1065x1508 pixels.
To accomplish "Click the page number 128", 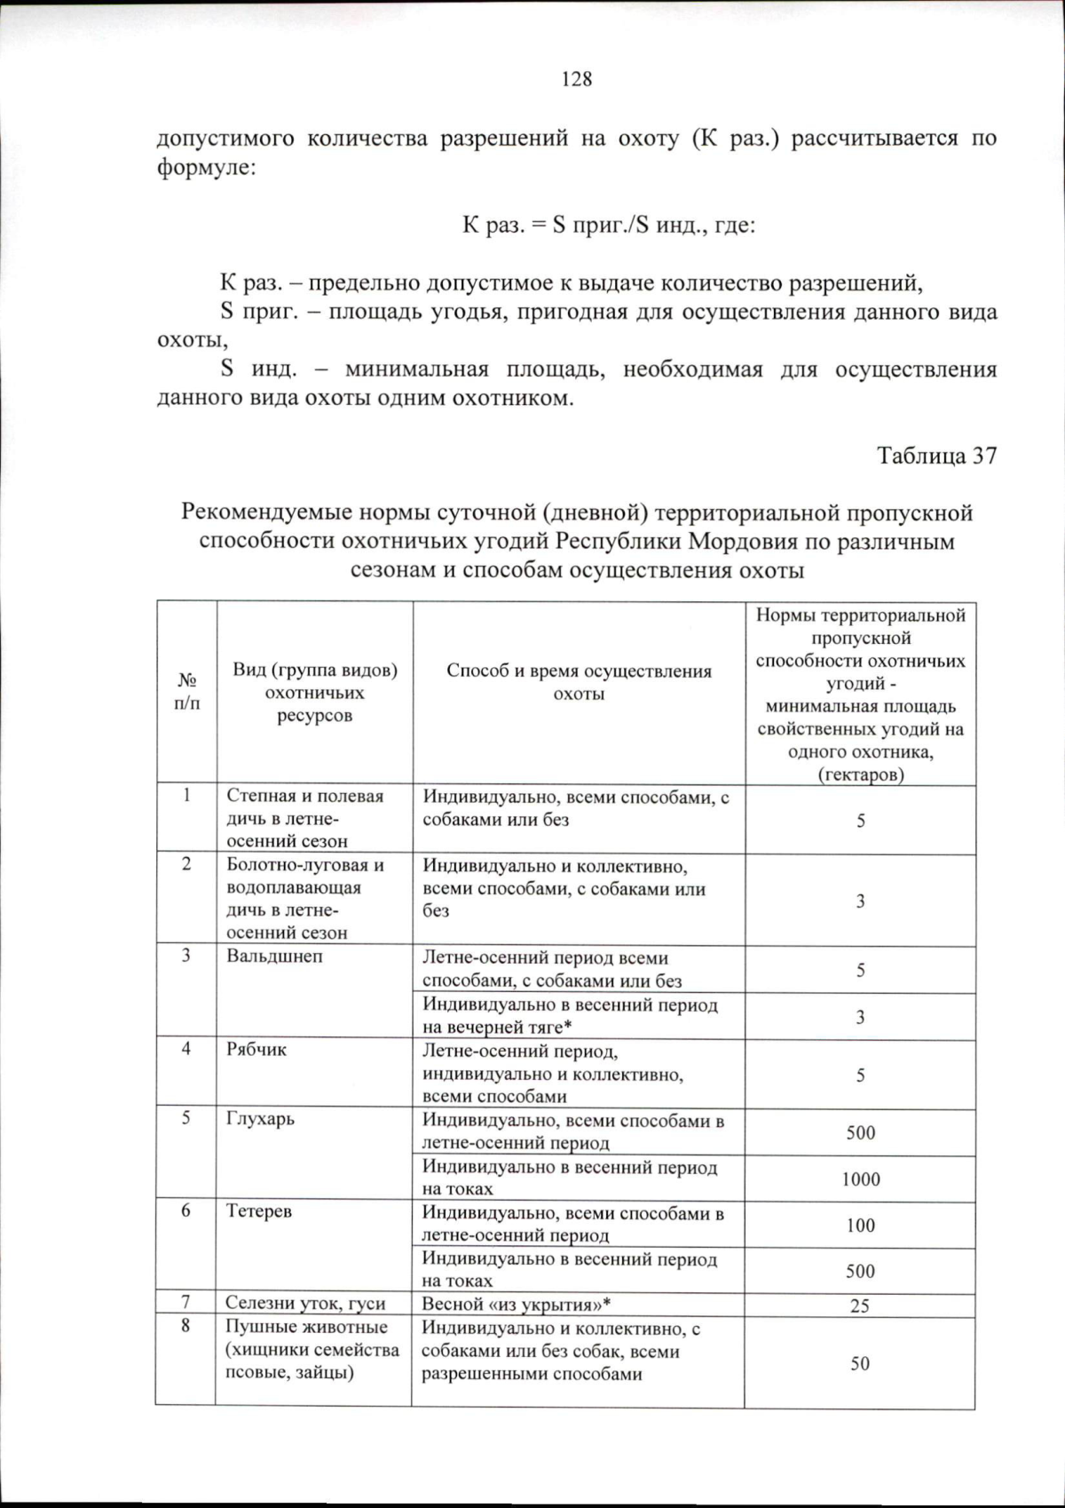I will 577,79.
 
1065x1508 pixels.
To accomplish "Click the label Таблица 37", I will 936,456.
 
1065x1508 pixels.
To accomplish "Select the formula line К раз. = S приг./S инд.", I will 609,225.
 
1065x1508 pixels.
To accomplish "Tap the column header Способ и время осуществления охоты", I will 579,682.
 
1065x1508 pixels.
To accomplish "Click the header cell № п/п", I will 187,692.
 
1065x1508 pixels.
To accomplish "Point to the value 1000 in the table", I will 861,1179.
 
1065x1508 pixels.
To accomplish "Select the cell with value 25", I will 859,1306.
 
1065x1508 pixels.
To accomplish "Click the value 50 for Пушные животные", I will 859,1363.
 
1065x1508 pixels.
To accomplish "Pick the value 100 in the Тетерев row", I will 860,1225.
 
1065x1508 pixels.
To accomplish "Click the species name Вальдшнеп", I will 274,956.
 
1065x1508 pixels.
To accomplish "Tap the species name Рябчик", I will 256,1050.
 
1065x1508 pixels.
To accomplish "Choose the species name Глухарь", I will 260,1119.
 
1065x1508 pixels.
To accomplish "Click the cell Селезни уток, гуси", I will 305,1304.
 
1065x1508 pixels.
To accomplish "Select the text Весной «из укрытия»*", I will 517,1304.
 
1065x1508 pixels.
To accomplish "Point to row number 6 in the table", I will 185,1210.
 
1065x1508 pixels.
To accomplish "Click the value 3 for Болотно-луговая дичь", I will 860,901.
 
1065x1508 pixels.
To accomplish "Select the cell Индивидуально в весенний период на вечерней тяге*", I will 570,1016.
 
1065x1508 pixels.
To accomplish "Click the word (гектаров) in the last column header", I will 860,774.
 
